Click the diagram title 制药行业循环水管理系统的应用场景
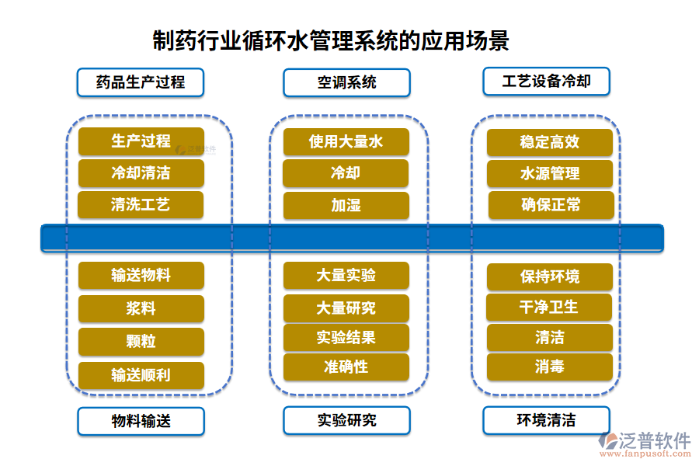331,40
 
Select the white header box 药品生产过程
141,82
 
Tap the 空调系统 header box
346,82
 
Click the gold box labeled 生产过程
141,141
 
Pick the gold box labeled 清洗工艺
141,205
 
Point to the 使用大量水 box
346,141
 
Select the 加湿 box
346,206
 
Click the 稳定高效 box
550,143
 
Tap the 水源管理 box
550,174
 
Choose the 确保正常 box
551,205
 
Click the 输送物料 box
141,276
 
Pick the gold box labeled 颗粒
141,342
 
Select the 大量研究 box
346,308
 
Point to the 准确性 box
346,367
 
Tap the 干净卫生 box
549,308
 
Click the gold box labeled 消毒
549,367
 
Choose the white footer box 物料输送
141,421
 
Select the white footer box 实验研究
346,420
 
